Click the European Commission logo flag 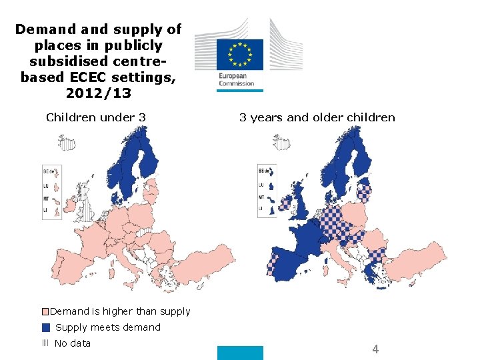[x=239, y=53]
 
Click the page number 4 [x=375, y=349]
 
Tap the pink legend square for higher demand [x=45, y=311]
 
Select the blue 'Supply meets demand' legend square [x=45, y=327]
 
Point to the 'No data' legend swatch [x=45, y=343]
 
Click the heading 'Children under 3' [x=96, y=117]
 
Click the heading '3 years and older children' [x=317, y=117]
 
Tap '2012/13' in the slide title [x=99, y=93]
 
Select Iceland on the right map [x=279, y=142]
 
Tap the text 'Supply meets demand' [x=108, y=327]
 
